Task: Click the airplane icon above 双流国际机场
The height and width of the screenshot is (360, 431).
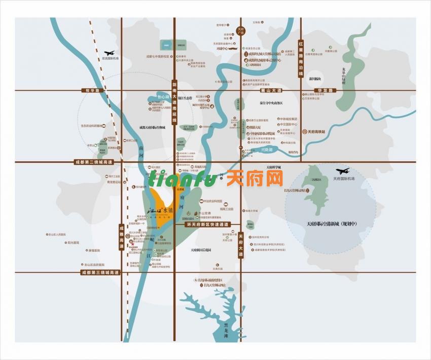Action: point(110,53)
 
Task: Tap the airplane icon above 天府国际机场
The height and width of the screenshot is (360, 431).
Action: point(343,171)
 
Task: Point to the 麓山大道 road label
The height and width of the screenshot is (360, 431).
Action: point(270,90)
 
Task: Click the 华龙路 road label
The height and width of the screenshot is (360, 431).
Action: point(325,90)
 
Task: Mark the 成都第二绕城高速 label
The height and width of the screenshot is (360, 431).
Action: point(94,162)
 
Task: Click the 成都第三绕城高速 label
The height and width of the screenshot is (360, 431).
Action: point(99,272)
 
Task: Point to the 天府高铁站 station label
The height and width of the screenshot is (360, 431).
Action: point(317,131)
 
